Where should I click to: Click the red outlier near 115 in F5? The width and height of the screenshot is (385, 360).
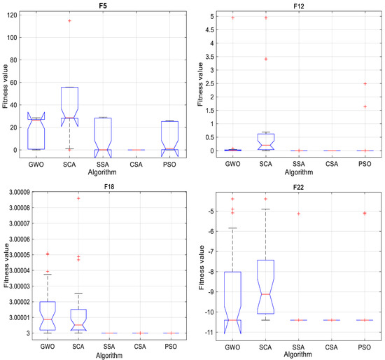(x=69, y=20)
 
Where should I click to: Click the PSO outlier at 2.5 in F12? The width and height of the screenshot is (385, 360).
(x=365, y=83)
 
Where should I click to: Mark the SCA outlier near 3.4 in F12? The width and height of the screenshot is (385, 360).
(x=265, y=59)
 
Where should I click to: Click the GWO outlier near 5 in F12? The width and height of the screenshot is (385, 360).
(x=232, y=18)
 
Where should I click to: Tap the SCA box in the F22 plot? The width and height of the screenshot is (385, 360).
(x=265, y=287)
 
